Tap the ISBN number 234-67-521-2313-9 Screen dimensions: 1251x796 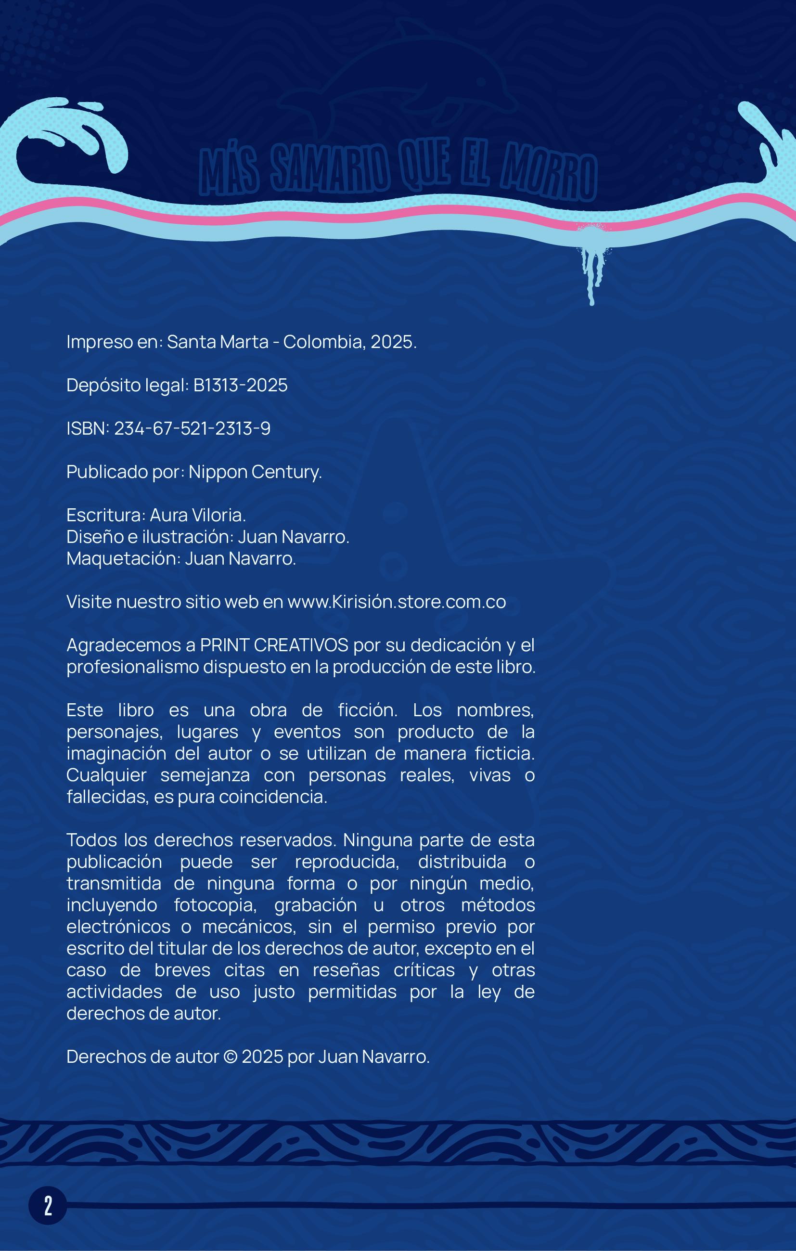click(192, 428)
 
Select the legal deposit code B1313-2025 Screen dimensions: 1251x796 click(241, 385)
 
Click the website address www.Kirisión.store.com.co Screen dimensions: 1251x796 click(397, 602)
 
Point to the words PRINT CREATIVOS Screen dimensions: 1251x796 click(274, 645)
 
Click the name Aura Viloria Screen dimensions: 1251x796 click(197, 516)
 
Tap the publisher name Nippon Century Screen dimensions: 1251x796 click(255, 472)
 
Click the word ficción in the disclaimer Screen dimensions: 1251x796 click(368, 710)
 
